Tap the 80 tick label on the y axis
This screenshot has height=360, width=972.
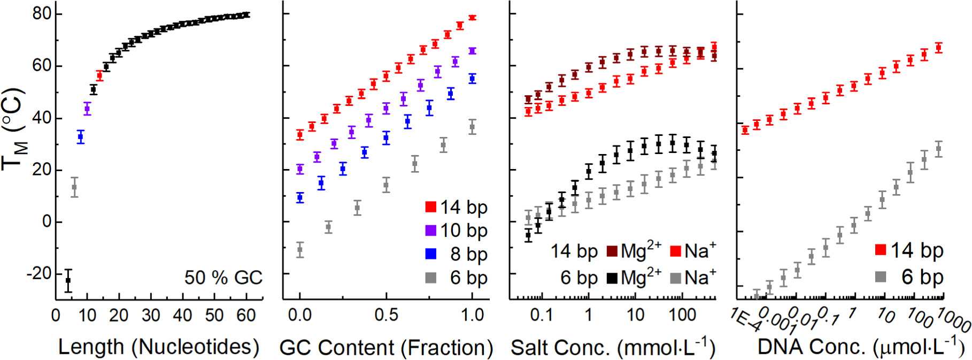(42, 13)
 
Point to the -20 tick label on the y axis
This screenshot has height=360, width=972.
(38, 273)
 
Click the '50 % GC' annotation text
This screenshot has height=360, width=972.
(223, 278)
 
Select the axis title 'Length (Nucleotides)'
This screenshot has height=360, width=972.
(159, 347)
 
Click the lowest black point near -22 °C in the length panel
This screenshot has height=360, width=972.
(68, 280)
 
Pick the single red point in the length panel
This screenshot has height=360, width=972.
(99, 76)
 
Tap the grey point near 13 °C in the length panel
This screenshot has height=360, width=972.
(74, 187)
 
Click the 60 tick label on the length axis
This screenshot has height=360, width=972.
(246, 316)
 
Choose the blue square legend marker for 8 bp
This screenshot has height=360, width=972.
(431, 254)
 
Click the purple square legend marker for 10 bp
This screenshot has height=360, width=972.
(431, 230)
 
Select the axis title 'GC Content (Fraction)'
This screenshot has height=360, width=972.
(386, 348)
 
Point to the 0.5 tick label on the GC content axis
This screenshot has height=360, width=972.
(386, 315)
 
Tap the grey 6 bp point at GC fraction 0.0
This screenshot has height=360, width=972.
(300, 249)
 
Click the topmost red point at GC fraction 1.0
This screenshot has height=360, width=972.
(472, 18)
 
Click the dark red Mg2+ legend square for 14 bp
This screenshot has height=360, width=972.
(613, 251)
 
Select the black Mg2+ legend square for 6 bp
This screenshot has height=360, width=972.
(613, 278)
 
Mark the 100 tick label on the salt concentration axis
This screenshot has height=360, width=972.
(682, 315)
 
